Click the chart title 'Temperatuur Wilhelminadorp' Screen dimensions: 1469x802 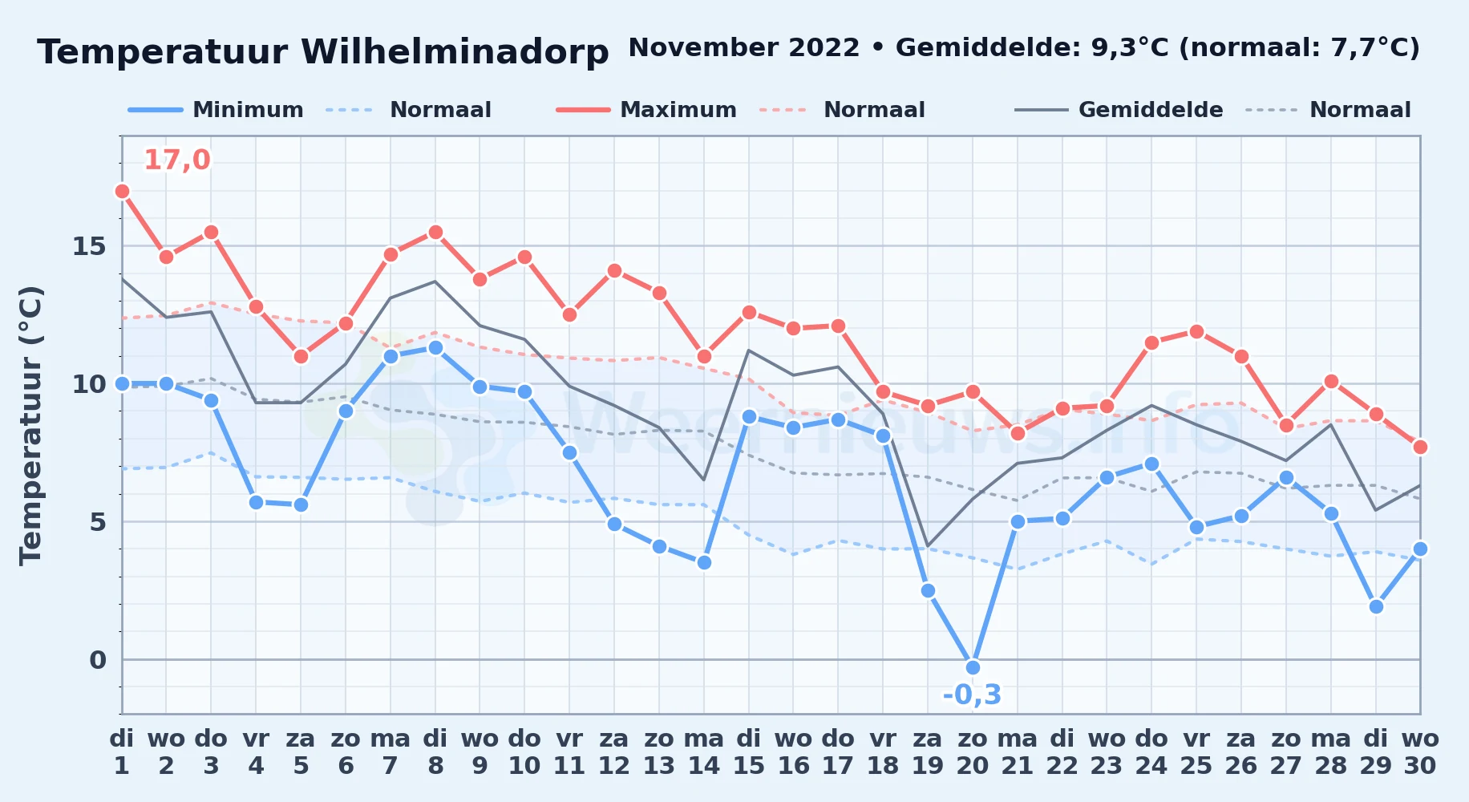point(323,52)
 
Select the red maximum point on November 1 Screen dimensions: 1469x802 point(122,191)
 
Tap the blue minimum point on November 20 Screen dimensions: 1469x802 point(973,667)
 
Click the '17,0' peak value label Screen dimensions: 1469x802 point(176,160)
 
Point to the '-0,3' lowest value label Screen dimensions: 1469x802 point(972,695)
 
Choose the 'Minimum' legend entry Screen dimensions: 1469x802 point(216,110)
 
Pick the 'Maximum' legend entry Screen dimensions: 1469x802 point(646,110)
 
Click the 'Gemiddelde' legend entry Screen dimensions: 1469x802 point(1119,110)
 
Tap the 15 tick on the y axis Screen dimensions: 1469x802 point(89,246)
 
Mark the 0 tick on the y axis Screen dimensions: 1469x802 point(98,660)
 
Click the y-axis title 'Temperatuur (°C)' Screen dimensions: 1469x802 point(30,425)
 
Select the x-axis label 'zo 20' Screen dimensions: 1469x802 point(973,752)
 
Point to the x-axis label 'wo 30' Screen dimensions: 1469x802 point(1420,752)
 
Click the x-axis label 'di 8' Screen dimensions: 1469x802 point(435,752)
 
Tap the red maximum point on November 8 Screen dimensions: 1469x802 point(435,232)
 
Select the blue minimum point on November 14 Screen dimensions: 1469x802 point(704,562)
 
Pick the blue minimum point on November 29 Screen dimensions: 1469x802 point(1376,606)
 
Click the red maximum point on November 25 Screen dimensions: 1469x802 point(1196,331)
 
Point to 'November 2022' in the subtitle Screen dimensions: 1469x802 point(744,48)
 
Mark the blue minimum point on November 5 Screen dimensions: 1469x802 point(301,504)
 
